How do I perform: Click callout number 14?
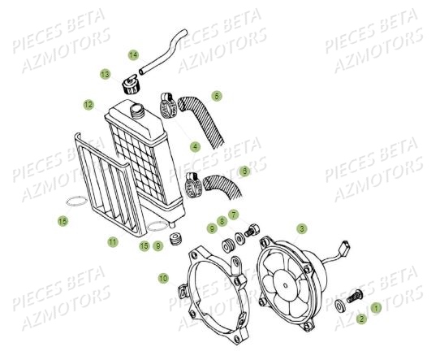coord(133,55)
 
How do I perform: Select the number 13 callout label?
coord(106,74)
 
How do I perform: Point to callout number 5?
coord(217,96)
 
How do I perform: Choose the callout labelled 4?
coord(195,146)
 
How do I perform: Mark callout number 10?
coord(163,279)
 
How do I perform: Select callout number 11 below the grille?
coord(113,241)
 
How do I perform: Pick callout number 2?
coord(361,319)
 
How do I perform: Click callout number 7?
coord(233,215)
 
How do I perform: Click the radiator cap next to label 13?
coord(128,84)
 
